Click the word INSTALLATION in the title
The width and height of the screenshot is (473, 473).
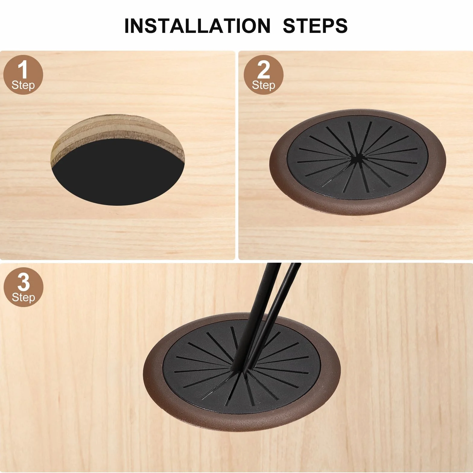click(198, 26)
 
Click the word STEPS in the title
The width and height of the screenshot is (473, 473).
click(315, 26)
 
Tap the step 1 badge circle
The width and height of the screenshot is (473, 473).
click(23, 75)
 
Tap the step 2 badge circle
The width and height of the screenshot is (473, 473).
click(264, 75)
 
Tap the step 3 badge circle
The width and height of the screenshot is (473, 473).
click(24, 287)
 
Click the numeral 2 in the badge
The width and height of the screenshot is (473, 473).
click(264, 70)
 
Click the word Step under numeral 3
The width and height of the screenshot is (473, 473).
click(24, 298)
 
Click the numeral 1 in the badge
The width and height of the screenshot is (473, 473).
click(23, 70)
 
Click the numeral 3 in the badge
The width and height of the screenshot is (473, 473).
click(24, 282)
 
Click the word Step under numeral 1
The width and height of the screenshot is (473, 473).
click(23, 85)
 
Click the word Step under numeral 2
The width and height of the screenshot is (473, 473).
click(264, 85)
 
